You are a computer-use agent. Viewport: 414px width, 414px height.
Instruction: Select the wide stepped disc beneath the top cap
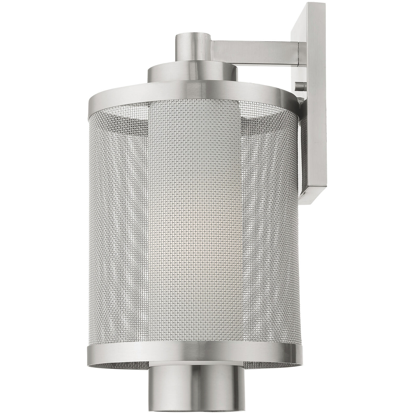(x=192, y=70)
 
